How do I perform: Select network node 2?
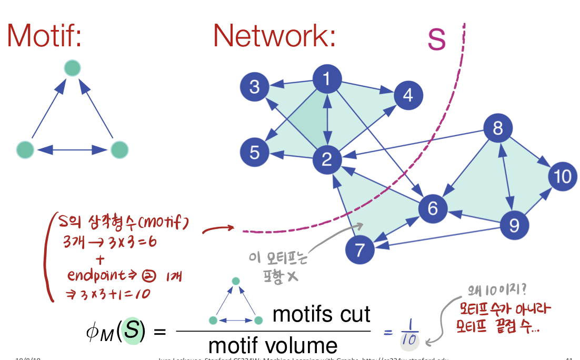tap(327, 158)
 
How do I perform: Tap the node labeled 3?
tap(255, 86)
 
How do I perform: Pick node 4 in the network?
tap(407, 95)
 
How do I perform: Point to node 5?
tap(255, 153)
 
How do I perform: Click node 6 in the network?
tap(433, 209)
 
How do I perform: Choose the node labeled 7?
tap(360, 250)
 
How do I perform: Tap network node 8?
tap(498, 128)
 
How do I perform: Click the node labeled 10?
tap(562, 175)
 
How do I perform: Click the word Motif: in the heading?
tap(44, 36)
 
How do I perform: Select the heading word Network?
tap(274, 36)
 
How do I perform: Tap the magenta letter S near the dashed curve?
tap(436, 39)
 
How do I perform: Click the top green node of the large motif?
tap(72, 68)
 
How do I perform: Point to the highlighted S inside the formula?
tap(133, 332)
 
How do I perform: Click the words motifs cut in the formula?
tap(322, 315)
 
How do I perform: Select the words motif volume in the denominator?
tap(273, 345)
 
